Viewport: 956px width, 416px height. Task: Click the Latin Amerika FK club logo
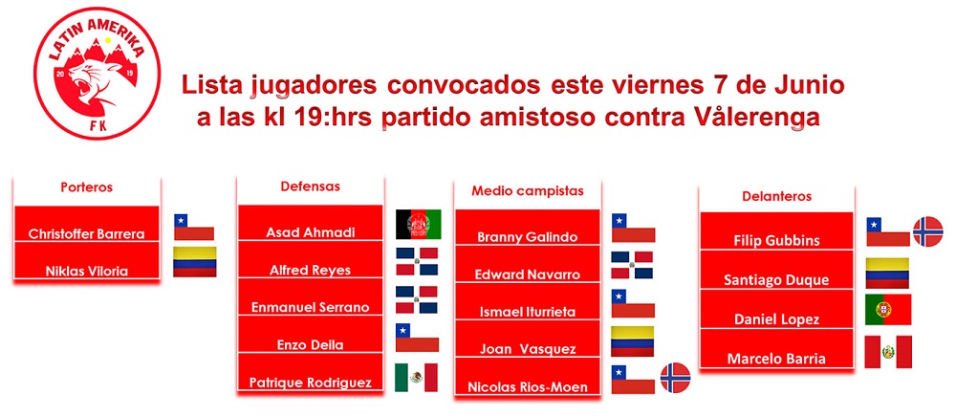tap(98, 74)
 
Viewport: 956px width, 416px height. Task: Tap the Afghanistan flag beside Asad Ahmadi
tap(419, 225)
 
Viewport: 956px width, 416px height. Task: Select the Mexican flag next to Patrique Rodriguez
tap(416, 378)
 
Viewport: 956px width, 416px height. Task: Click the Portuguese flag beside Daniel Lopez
tap(888, 309)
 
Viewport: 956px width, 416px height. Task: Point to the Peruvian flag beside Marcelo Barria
tap(888, 352)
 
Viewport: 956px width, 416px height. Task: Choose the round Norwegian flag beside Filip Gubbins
tap(928, 231)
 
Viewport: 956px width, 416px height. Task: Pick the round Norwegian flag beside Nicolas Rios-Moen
tap(676, 378)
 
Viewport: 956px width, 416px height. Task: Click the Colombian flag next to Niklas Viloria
tap(194, 262)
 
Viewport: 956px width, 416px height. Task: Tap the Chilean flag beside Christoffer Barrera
tap(194, 227)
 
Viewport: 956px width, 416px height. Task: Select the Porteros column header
tap(87, 187)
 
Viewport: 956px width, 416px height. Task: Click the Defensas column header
tap(311, 186)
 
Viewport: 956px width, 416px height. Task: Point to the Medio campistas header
tap(528, 191)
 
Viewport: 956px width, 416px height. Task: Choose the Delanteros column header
tap(776, 196)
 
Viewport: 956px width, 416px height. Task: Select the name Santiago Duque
tap(776, 280)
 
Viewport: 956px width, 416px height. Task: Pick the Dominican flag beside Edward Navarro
tap(632, 265)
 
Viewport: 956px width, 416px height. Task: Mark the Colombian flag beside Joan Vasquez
tap(632, 341)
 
